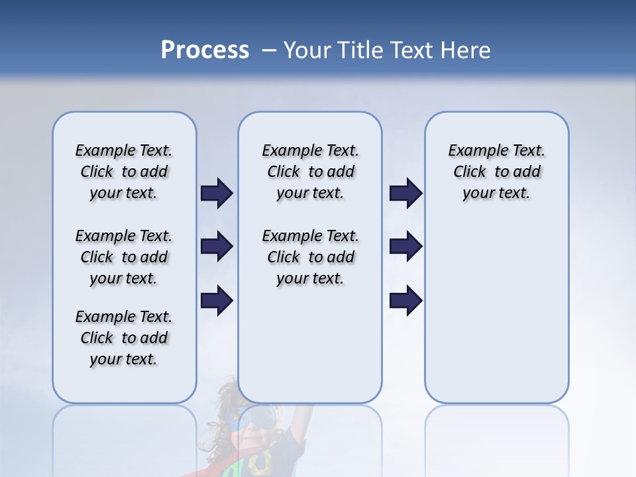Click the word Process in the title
tap(205, 50)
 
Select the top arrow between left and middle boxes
tap(217, 193)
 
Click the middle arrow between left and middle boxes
tap(217, 246)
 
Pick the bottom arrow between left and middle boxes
tap(217, 300)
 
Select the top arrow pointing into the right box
tap(405, 193)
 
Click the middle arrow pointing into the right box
tap(405, 246)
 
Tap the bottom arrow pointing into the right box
tap(405, 300)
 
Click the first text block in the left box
tap(124, 172)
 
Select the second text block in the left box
tap(124, 257)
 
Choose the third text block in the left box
tap(124, 338)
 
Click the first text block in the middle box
tap(311, 172)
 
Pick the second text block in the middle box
tap(311, 257)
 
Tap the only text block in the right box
tap(497, 172)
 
